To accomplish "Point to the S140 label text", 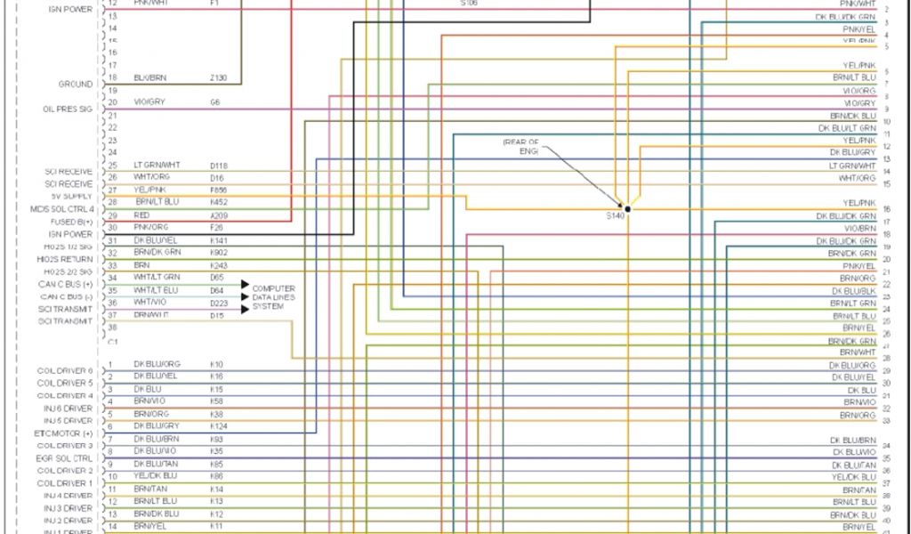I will pyautogui.click(x=615, y=215).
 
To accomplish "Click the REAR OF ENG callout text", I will pyautogui.click(x=522, y=147).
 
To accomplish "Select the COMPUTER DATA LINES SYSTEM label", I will pyautogui.click(x=273, y=297).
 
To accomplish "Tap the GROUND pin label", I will pyautogui.click(x=76, y=85).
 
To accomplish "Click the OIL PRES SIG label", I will pyautogui.click(x=68, y=109).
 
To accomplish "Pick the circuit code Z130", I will pyautogui.click(x=219, y=78).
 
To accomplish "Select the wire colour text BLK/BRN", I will pyautogui.click(x=149, y=78).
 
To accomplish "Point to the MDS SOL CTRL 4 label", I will pyautogui.click(x=61, y=208).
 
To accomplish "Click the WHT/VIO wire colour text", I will pyautogui.click(x=149, y=303).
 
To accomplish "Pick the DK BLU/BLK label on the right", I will pyautogui.click(x=854, y=291).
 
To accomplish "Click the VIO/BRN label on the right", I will pyautogui.click(x=859, y=229).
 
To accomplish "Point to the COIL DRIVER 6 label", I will pyautogui.click(x=65, y=370).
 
